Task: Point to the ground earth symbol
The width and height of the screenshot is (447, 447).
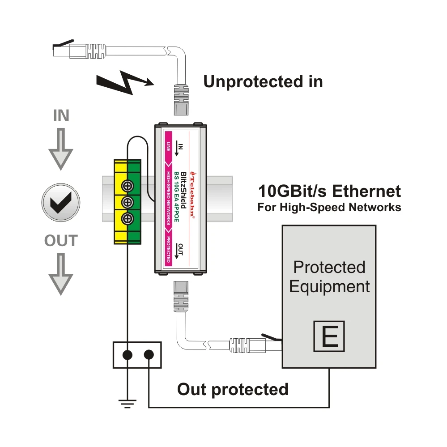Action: [128, 404]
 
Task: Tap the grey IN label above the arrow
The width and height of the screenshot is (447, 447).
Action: [61, 115]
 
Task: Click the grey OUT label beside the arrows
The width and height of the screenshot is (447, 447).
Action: [61, 241]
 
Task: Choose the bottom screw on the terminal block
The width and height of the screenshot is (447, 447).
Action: [128, 219]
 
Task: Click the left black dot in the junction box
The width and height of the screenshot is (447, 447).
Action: [128, 355]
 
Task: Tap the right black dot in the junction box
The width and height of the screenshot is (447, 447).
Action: [149, 355]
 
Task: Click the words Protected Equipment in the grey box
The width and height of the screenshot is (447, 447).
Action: [329, 277]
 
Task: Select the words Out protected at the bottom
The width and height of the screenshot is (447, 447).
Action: [233, 389]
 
